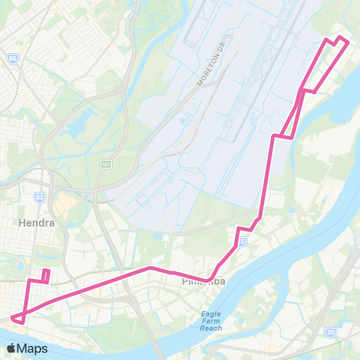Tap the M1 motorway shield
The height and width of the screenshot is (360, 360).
[106, 164]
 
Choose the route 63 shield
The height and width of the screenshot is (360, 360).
[39, 197]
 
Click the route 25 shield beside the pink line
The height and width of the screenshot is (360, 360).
[241, 242]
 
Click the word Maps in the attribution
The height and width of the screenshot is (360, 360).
[34, 348]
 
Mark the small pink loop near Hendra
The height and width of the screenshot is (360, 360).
[45, 275]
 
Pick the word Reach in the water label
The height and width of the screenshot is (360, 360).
[211, 328]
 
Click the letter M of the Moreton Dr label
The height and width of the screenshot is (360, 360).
[199, 82]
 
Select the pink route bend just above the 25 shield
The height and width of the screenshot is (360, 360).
[239, 228]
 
